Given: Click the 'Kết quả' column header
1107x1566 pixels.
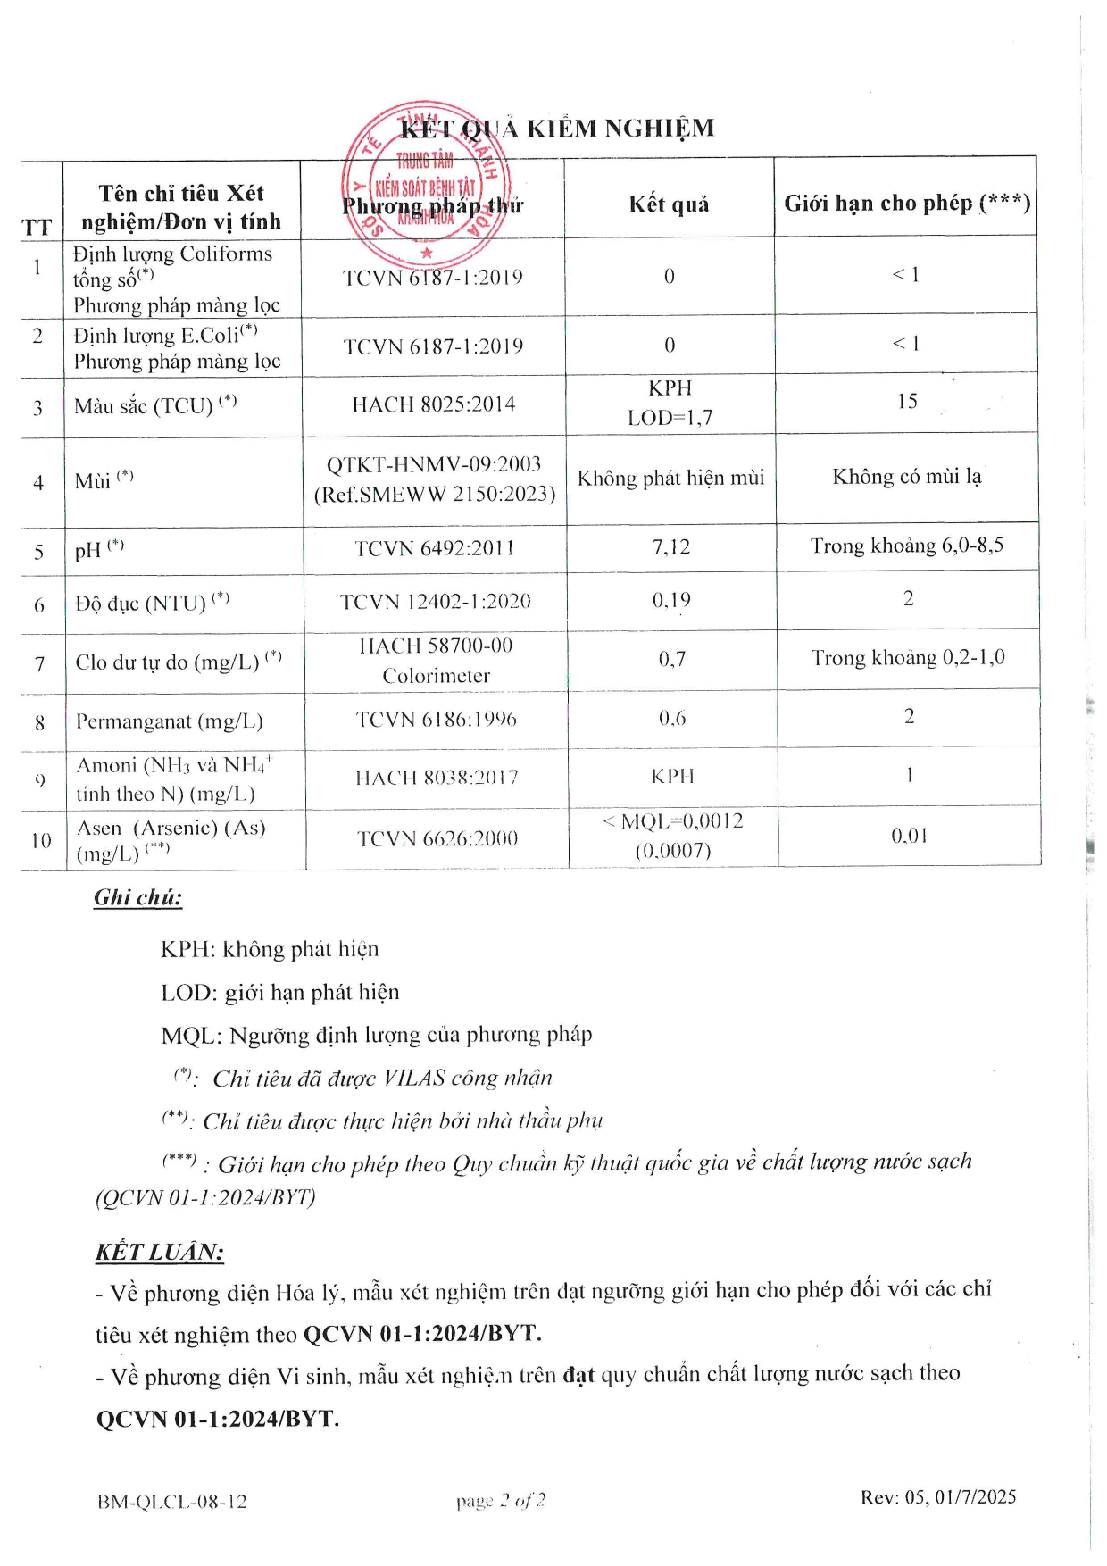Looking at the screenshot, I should pos(669,204).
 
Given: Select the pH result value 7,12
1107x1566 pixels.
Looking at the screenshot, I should pos(670,546).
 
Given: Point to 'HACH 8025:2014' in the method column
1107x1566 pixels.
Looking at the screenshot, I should pos(434,404).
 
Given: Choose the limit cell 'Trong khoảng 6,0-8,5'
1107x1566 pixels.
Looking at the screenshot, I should pos(907,546).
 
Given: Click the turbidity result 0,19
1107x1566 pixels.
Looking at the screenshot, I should pos(671,600).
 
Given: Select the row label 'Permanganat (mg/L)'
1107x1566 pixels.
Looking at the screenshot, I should pos(170,721).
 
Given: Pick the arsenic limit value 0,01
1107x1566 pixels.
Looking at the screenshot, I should pos(910,836).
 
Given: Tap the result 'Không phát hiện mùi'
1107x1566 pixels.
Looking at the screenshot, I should pos(670,479).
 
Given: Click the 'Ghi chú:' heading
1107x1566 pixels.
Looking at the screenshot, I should pos(137,898).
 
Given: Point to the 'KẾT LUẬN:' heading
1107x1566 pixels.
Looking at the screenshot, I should pos(160,1252).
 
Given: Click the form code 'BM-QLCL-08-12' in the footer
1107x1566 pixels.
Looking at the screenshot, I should pos(172,1502).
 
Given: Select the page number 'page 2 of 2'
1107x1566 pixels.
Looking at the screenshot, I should pos(501,1501).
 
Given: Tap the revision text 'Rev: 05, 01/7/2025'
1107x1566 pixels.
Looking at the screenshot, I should pos(938,1497).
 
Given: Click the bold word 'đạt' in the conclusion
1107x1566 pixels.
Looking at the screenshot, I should pos(578,1375).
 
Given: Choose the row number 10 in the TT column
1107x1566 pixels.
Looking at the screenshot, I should pos(41,840).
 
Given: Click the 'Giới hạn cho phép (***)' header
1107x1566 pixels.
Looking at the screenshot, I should pos(907,204).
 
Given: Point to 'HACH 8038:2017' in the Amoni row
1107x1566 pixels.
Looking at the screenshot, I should pos(437,778).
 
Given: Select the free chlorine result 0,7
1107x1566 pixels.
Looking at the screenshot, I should pos(672,660).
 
